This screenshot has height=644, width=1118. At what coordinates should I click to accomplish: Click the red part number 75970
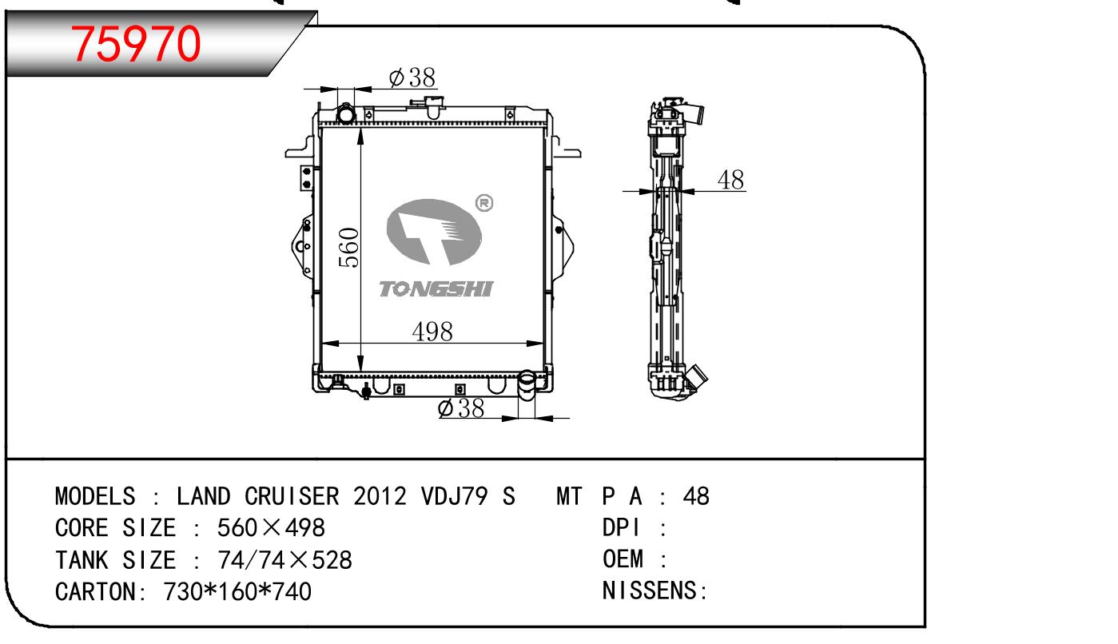tap(136, 45)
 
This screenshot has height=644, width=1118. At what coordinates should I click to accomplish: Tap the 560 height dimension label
tap(348, 248)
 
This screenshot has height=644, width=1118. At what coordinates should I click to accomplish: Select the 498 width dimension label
tap(432, 332)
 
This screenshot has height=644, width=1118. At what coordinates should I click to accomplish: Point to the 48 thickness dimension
tap(730, 180)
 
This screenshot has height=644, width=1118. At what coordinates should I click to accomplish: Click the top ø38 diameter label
tap(412, 78)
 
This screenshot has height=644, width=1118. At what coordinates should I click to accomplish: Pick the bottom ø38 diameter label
tap(460, 408)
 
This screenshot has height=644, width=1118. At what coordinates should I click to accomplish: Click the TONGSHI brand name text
tap(436, 288)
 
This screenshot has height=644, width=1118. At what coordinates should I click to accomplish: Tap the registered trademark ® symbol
tap(483, 203)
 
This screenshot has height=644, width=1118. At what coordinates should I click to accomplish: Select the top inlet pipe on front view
tap(346, 113)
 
